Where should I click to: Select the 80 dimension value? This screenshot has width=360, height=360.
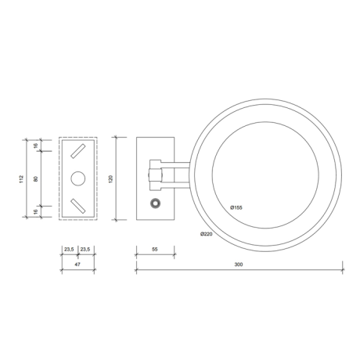37,179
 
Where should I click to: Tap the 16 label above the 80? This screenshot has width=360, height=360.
37,146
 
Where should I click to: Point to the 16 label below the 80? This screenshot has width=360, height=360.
37,212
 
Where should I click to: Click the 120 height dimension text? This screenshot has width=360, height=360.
113,179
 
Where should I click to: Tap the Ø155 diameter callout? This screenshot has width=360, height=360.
236,207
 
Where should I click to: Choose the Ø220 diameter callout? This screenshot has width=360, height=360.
207,234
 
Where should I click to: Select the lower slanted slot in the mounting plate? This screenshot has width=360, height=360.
78,206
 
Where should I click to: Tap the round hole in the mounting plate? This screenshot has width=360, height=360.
78,179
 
